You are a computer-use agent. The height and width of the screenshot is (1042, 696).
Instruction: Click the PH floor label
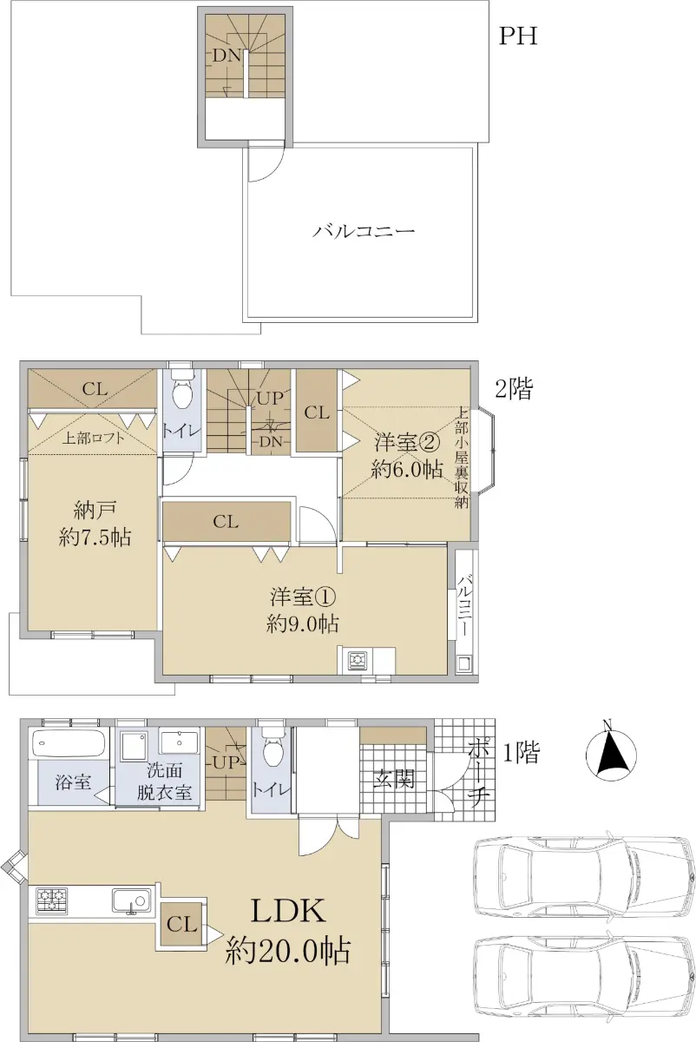(x=518, y=36)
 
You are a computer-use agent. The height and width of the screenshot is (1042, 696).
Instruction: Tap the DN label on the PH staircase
(x=227, y=56)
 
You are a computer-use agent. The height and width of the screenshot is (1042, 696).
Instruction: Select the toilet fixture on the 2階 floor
(x=181, y=392)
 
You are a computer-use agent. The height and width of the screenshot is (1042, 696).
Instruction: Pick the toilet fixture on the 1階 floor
(x=272, y=747)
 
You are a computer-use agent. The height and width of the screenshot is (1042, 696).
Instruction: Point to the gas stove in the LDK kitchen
(x=51, y=900)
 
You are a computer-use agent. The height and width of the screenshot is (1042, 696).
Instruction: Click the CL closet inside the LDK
(x=181, y=924)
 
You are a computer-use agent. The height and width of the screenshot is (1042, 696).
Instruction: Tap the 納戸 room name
(x=95, y=511)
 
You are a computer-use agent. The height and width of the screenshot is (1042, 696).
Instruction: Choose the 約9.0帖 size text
(x=303, y=623)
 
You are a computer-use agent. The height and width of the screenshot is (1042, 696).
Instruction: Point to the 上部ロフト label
(x=94, y=439)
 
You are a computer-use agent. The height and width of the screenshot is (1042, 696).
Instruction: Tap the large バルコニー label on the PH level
(x=363, y=231)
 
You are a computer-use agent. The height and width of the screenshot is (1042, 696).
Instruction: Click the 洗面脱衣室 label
(x=164, y=781)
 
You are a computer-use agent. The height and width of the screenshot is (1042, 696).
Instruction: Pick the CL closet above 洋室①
(x=226, y=522)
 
